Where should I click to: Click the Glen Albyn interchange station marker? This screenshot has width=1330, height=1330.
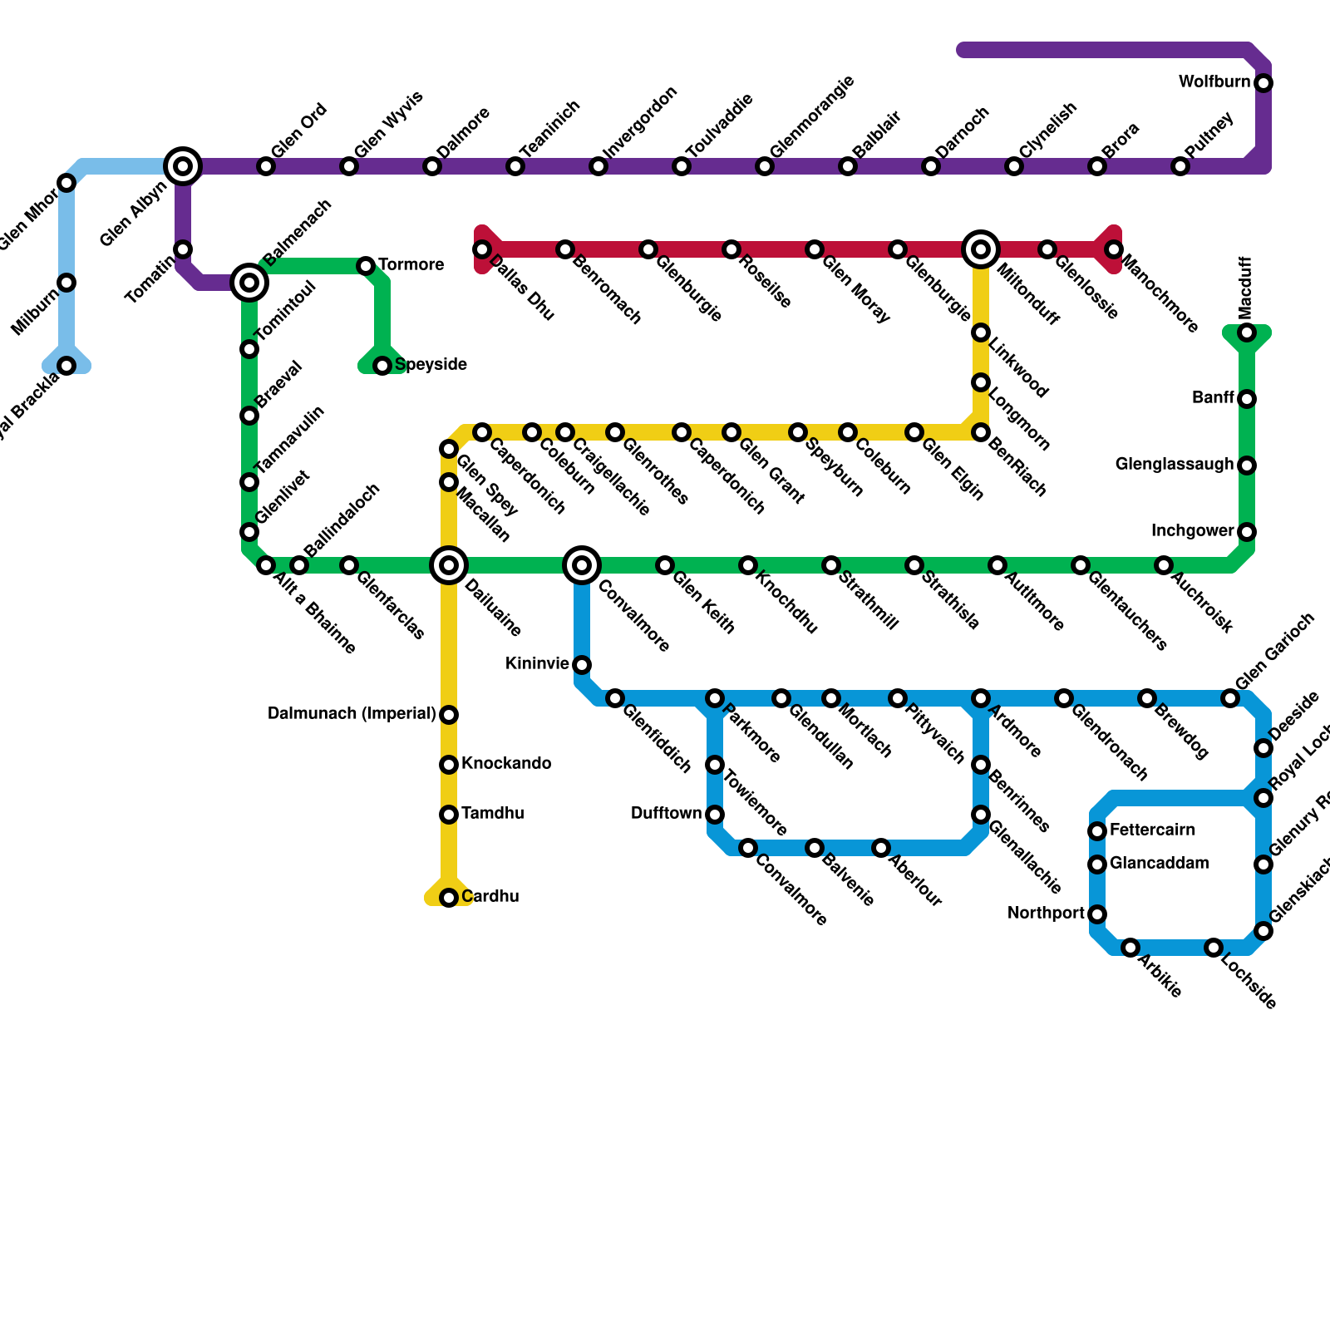[183, 166]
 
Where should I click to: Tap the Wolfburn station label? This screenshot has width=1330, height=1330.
[1214, 81]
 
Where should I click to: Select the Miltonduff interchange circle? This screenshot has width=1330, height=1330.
[981, 249]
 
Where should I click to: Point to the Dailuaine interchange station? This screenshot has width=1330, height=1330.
[449, 565]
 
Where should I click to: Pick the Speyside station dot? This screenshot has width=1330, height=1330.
[382, 366]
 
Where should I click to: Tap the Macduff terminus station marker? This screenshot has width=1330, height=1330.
[1247, 332]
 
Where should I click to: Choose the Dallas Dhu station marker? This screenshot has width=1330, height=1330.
[482, 249]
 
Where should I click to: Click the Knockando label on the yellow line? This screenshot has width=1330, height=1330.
[505, 763]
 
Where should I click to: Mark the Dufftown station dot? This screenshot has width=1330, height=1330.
[715, 815]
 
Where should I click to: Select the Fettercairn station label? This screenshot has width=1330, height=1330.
[1152, 830]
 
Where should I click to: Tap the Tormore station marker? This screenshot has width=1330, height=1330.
[366, 266]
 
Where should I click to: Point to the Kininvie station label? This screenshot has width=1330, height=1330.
[537, 663]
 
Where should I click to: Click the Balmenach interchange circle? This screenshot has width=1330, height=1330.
[249, 283]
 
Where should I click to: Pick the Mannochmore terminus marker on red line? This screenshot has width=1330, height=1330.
[1114, 249]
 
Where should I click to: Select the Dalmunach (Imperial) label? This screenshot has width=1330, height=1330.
[352, 713]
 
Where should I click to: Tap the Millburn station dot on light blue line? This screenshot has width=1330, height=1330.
[66, 283]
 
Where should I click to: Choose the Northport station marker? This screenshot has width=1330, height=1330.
[1097, 914]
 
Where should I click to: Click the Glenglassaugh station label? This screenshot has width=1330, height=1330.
[1174, 464]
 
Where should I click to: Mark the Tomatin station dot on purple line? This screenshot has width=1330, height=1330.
[183, 249]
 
